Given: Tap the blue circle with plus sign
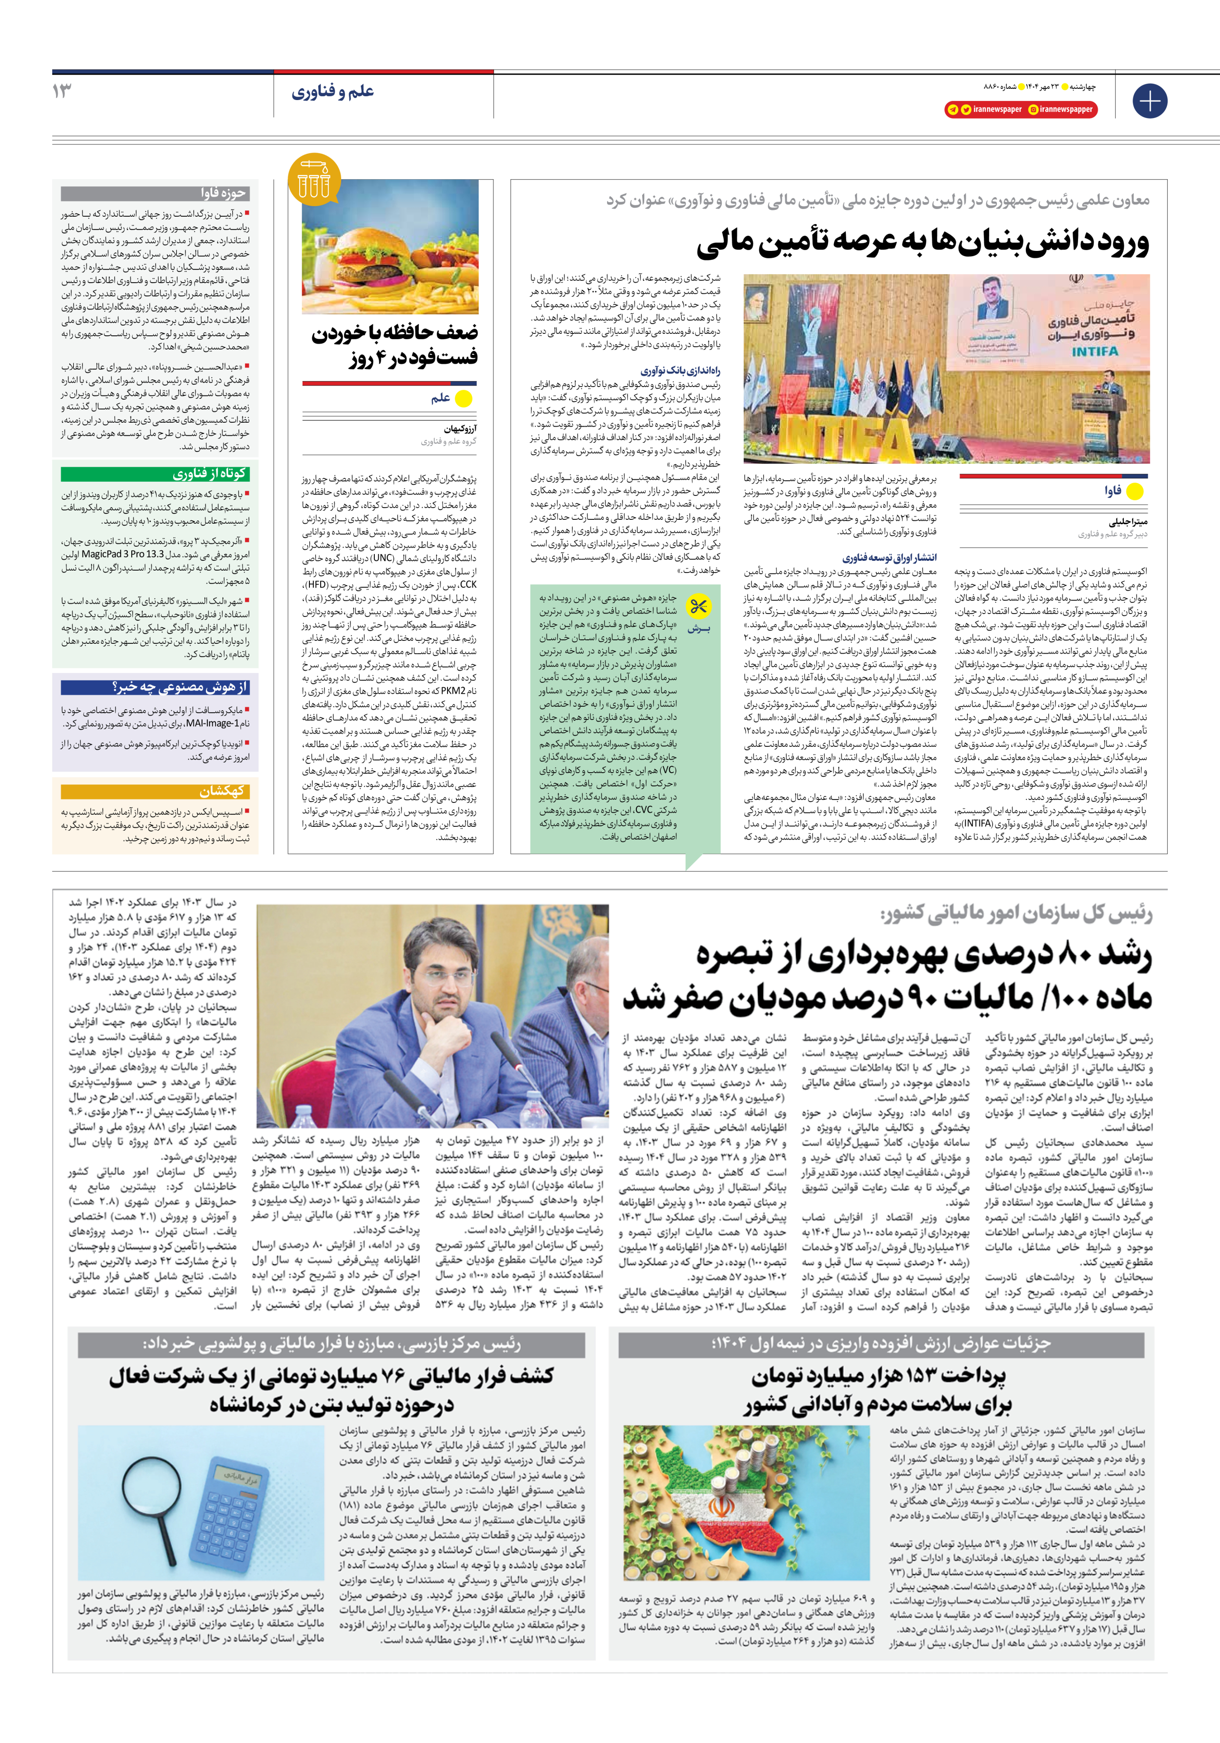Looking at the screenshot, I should [1149, 101].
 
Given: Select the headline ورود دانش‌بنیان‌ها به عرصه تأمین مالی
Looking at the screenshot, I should [922, 242].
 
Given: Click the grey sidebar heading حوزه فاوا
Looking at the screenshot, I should [223, 193].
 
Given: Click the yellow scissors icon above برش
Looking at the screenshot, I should [698, 606].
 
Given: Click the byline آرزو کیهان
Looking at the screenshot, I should [460, 429].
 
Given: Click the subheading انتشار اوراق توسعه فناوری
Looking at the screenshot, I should [889, 557].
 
